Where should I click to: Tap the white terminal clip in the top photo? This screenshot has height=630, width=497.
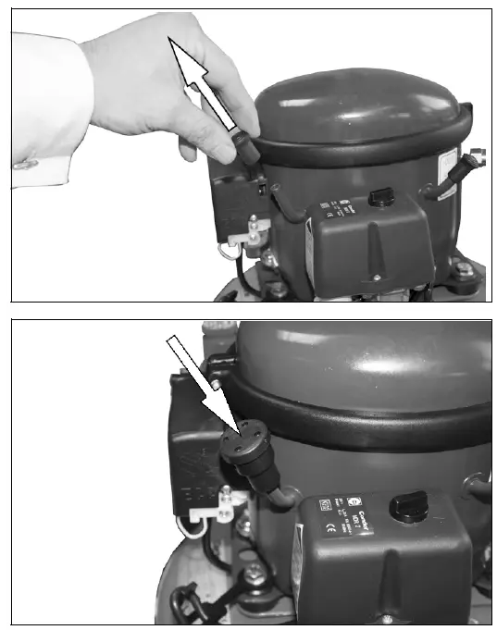click(241, 238)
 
